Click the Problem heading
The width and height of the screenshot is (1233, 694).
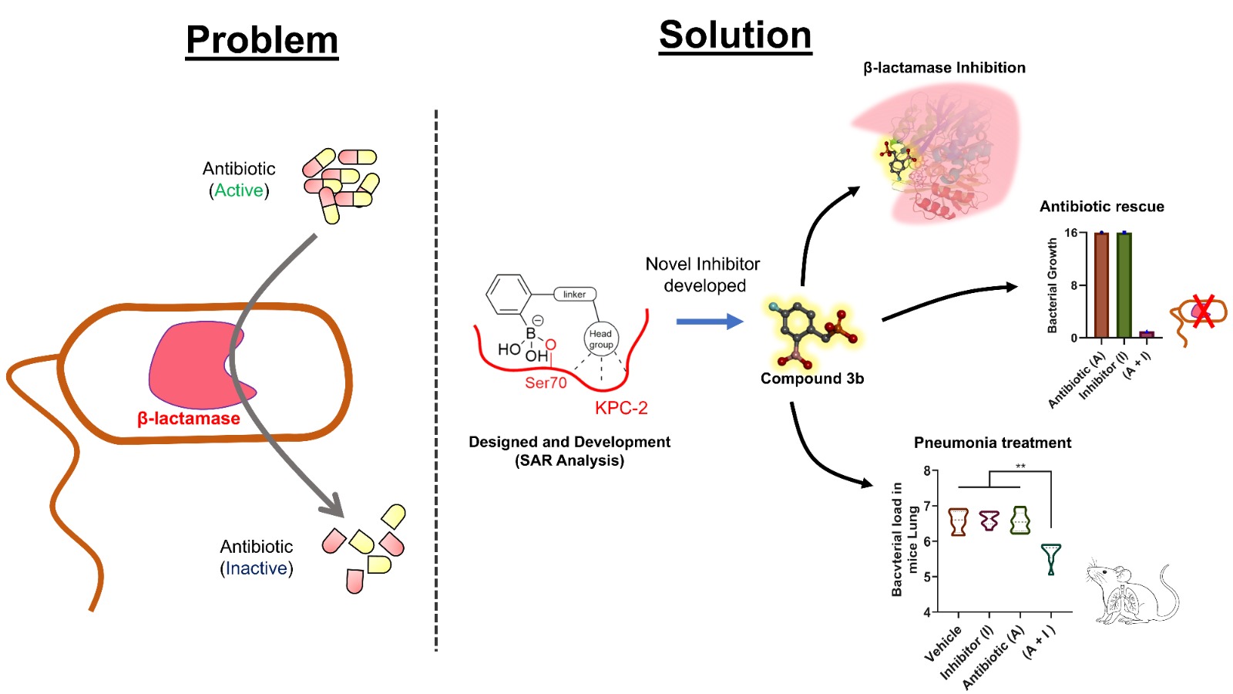click(x=262, y=40)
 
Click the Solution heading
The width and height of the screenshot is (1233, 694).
click(x=735, y=35)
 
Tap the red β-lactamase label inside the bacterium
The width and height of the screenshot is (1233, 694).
click(x=189, y=419)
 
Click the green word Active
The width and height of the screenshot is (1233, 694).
click(x=239, y=190)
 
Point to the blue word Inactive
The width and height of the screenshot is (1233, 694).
click(x=257, y=568)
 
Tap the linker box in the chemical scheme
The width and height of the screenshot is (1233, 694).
click(x=574, y=295)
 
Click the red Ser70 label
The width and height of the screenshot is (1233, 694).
click(x=546, y=382)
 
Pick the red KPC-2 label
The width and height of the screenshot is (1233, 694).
click(x=621, y=408)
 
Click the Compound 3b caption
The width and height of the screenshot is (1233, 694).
click(x=812, y=379)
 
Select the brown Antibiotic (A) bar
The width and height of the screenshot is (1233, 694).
click(x=1101, y=285)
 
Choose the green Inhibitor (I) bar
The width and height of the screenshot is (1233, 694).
click(x=1124, y=285)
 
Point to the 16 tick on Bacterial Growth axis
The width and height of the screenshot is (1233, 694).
click(x=1071, y=233)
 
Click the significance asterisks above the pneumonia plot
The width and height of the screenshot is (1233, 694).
click(x=1020, y=467)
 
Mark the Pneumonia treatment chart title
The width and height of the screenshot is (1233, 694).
click(x=993, y=443)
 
